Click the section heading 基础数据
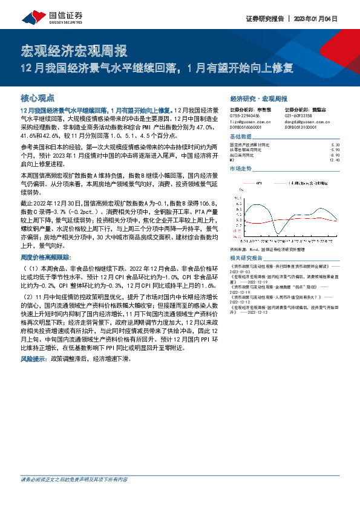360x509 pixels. point(240,137)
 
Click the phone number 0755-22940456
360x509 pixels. point(244,115)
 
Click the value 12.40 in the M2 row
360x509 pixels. point(336,160)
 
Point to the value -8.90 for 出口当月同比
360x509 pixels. point(336,155)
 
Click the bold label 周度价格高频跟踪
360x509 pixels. point(44,257)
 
